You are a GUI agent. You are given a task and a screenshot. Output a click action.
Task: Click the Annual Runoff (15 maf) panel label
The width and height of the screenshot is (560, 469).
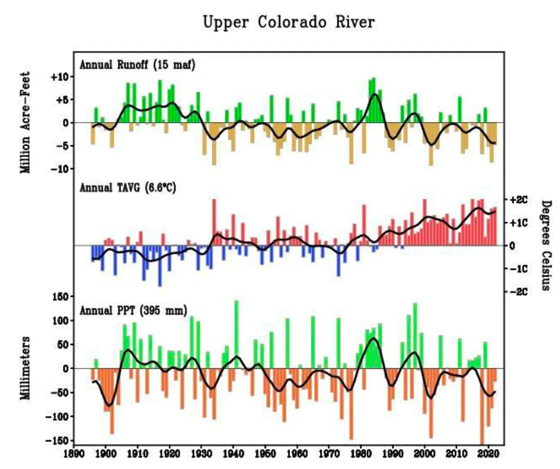(137, 65)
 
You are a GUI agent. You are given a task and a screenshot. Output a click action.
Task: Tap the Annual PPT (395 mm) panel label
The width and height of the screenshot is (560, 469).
(133, 311)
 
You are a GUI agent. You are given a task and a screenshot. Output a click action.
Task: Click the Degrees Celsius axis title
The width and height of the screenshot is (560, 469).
(546, 245)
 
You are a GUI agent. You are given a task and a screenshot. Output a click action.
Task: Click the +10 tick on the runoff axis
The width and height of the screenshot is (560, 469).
(60, 77)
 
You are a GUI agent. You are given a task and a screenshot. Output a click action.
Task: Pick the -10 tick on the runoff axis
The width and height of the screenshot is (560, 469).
(60, 169)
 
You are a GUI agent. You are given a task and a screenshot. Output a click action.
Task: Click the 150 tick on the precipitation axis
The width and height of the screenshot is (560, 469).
(61, 297)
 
